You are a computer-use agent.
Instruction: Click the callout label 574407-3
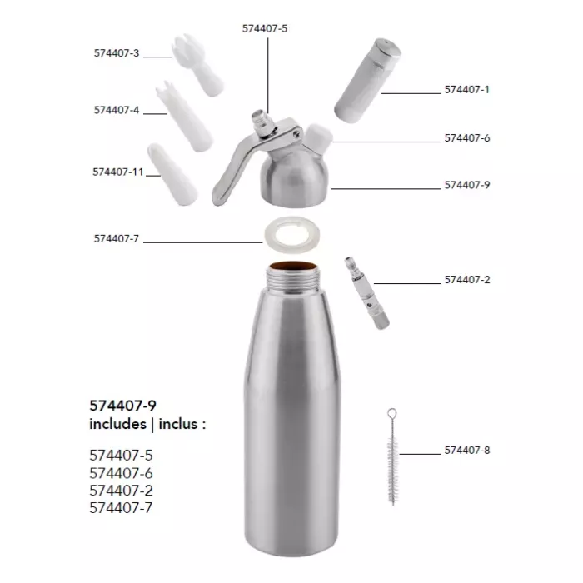pos(117,53)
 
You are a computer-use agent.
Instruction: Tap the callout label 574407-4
pos(117,110)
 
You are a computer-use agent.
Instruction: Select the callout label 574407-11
pos(118,172)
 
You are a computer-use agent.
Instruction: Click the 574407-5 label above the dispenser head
pos(265,28)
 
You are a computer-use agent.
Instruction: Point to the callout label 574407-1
pos(467,90)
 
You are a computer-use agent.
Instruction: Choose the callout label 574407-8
pos(467,451)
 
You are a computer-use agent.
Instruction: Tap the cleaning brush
pos(392,456)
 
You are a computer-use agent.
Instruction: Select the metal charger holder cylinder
pos(367,80)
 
